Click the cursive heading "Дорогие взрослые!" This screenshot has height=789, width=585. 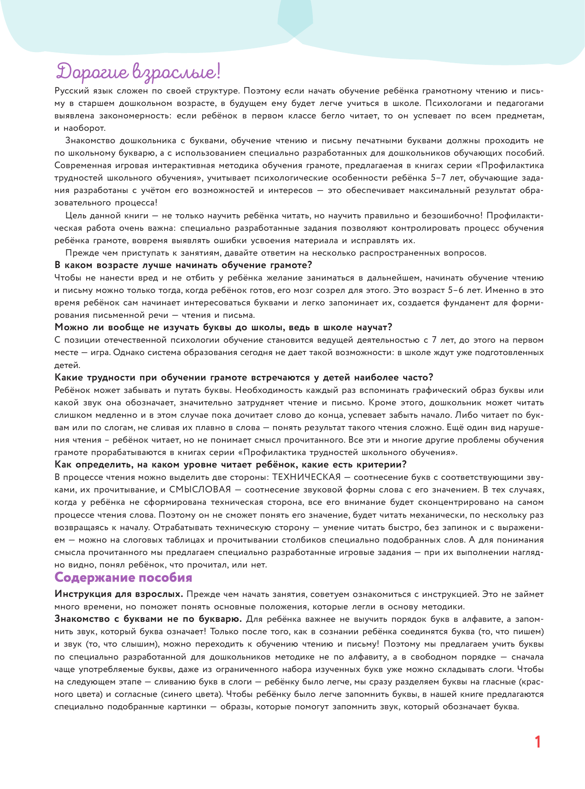pos(138,73)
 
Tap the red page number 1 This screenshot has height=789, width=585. pos(537,742)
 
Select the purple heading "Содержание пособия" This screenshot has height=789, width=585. pos(123,578)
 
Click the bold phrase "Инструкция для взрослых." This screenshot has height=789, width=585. pos(119,594)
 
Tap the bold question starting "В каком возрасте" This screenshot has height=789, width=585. pos(183,265)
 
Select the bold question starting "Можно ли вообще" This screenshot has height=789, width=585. pos(223,327)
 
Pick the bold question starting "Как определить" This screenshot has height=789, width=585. pos(230,464)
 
